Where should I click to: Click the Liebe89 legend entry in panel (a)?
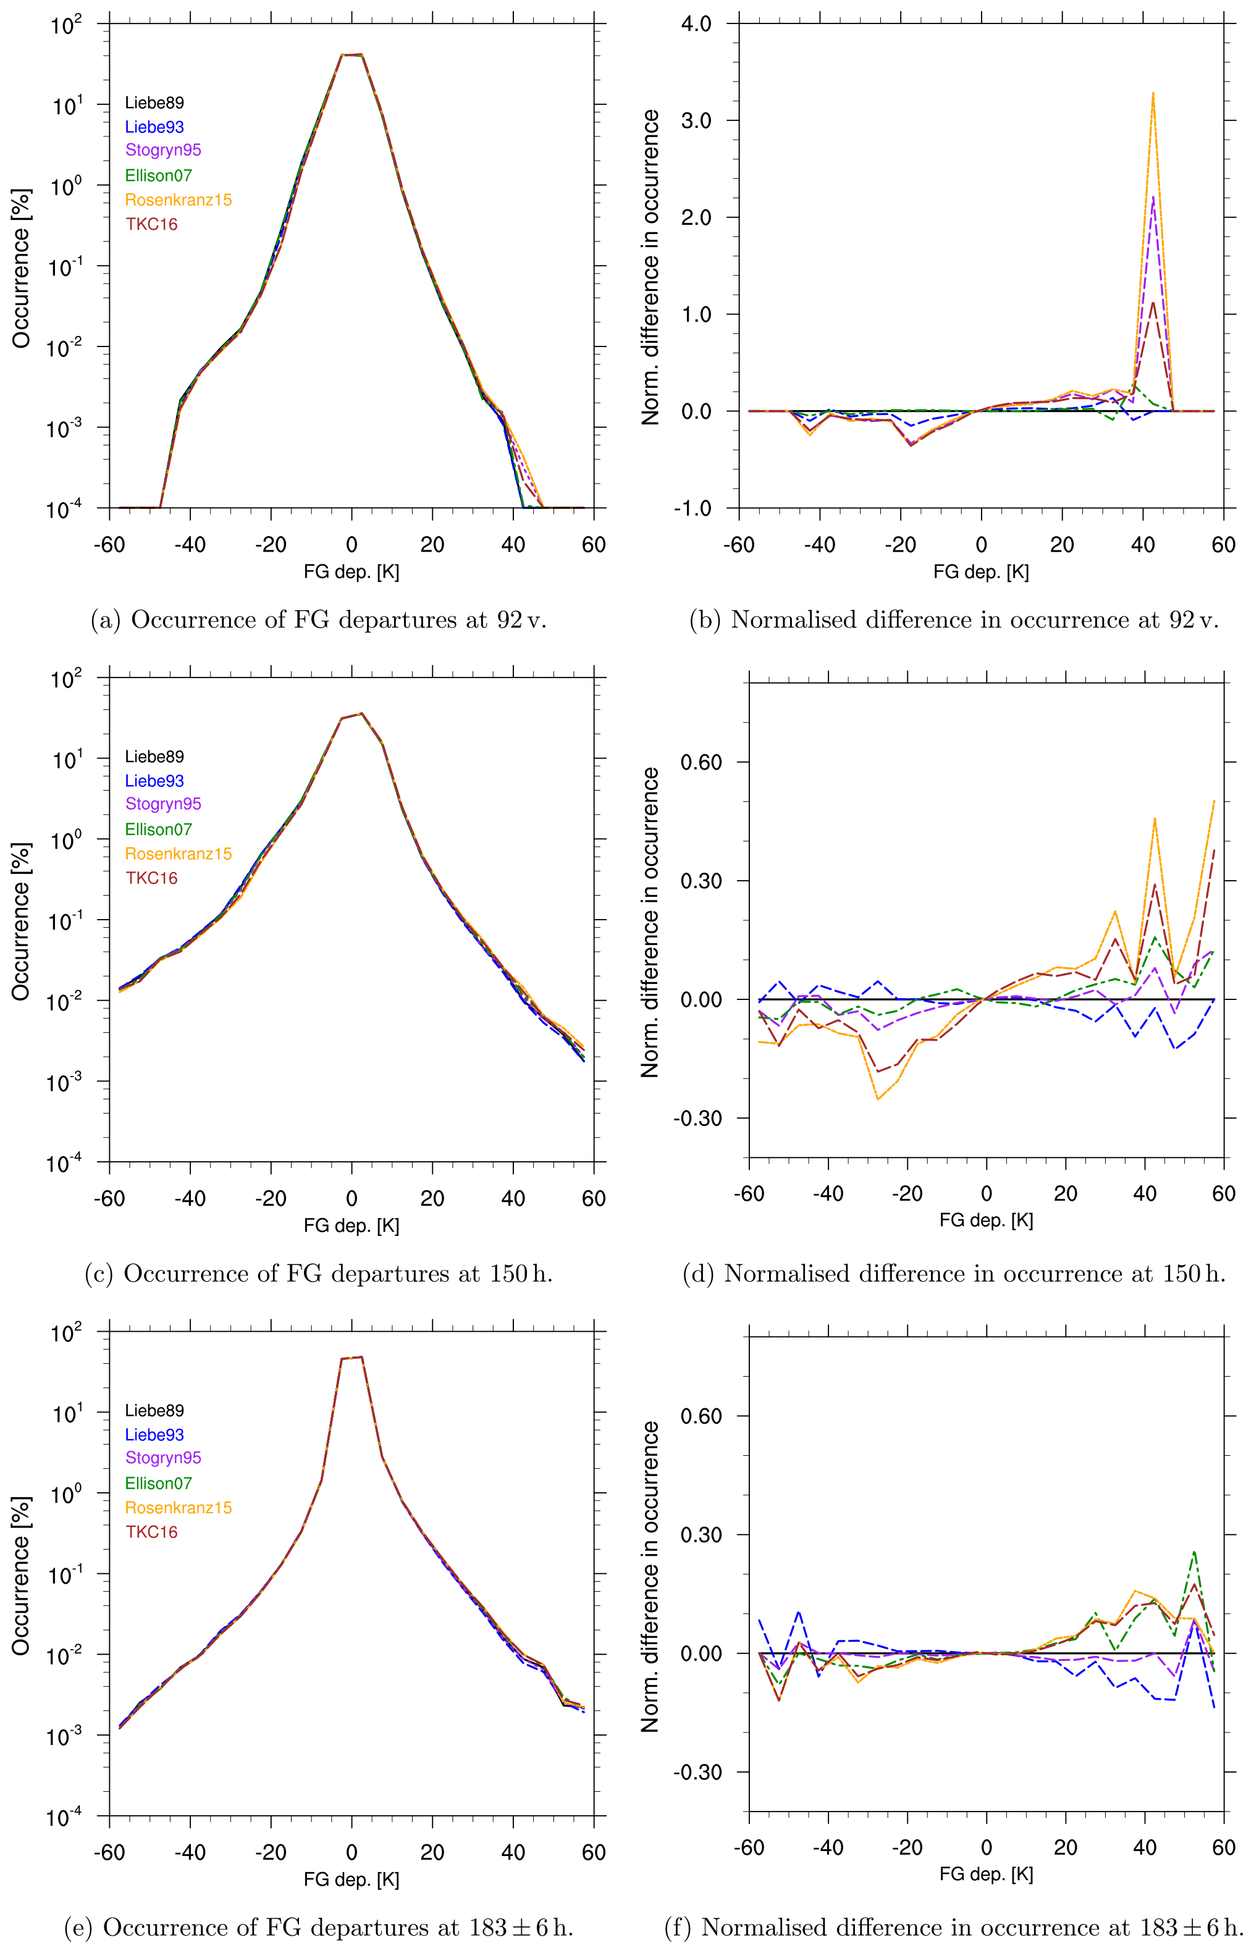coord(154,103)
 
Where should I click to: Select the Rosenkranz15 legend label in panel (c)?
coord(179,853)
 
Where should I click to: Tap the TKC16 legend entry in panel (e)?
coord(151,1531)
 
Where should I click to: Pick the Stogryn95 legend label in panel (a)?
coord(163,150)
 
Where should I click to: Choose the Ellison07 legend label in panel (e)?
coord(158,1482)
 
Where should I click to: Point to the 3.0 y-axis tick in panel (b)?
coord(696,120)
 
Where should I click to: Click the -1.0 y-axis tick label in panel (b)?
coord(692,508)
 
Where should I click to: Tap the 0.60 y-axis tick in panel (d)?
coord(701,762)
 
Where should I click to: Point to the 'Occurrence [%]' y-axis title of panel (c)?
coord(20,921)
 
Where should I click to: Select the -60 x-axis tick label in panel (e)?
coord(109,1852)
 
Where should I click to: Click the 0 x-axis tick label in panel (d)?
coord(986,1193)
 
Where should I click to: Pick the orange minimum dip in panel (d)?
coord(878,1099)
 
